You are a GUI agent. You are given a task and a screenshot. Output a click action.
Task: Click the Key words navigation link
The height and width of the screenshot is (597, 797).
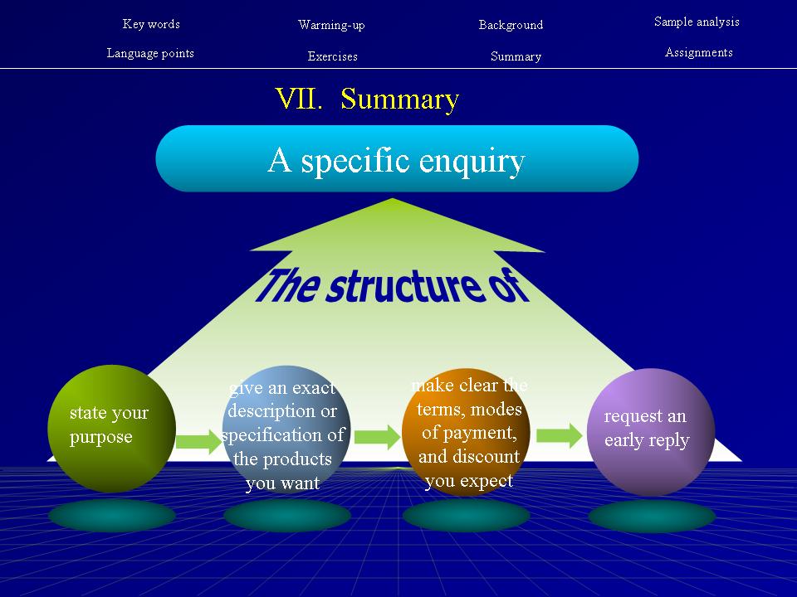click(x=151, y=24)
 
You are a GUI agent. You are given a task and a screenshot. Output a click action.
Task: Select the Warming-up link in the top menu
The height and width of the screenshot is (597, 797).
click(x=331, y=25)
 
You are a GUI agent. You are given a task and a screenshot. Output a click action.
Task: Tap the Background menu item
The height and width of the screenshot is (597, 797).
click(x=511, y=25)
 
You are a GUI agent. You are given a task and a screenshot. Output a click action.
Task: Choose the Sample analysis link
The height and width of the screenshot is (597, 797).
click(x=697, y=22)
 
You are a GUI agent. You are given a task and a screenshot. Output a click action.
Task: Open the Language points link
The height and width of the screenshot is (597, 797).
click(x=150, y=53)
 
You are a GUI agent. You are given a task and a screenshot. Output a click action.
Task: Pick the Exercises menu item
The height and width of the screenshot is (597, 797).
click(x=332, y=56)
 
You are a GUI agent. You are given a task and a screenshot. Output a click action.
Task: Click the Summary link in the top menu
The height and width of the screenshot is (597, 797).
click(x=516, y=56)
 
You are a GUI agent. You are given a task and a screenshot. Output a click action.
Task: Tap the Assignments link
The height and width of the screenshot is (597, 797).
click(x=698, y=52)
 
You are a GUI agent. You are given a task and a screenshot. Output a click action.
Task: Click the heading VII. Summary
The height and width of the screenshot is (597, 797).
click(x=367, y=99)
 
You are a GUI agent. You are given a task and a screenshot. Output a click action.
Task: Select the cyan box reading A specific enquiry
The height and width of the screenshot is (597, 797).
click(x=397, y=159)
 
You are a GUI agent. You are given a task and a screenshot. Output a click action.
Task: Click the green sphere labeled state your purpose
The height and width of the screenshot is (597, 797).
click(x=111, y=429)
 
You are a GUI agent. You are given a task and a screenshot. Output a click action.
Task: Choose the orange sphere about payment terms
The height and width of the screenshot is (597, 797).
click(x=467, y=431)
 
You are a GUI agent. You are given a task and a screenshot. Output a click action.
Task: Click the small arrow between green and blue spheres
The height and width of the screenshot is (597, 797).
click(x=198, y=440)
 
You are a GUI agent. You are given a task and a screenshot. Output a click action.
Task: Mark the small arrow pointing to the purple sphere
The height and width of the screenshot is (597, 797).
click(x=559, y=434)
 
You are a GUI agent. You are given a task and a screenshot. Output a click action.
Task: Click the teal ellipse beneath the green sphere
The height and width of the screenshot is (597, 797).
click(x=112, y=516)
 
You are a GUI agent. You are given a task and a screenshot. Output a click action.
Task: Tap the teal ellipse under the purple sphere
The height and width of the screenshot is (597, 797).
click(x=652, y=516)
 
